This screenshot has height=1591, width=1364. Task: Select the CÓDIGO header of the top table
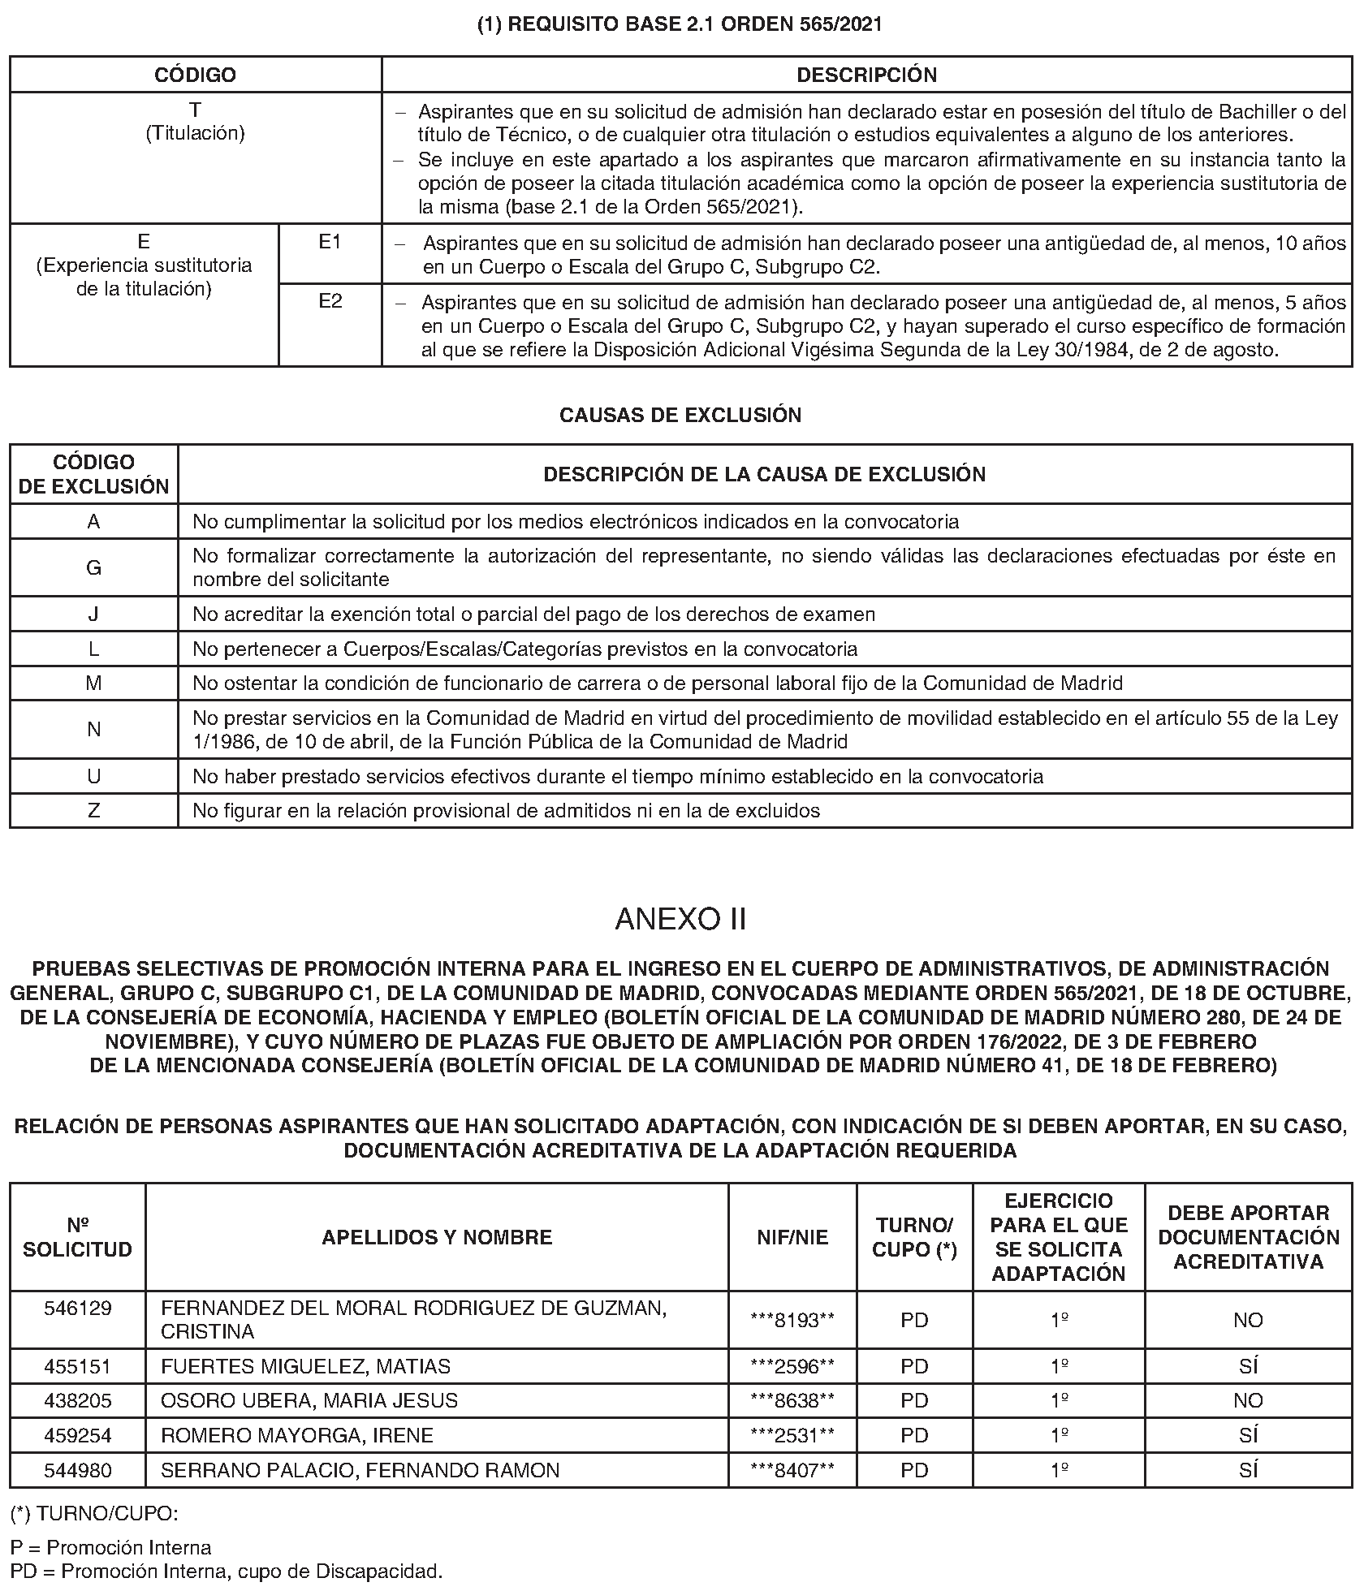click(195, 75)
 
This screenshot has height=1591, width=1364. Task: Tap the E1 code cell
click(330, 242)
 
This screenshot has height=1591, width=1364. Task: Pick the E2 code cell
click(330, 301)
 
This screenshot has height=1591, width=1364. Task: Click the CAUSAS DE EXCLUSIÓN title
click(680, 415)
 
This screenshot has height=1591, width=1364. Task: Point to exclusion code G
click(93, 567)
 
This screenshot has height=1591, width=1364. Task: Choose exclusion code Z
click(93, 810)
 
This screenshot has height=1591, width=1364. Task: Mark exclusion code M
click(93, 683)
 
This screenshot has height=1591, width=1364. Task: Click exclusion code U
click(93, 776)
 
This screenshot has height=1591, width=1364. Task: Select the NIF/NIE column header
click(792, 1236)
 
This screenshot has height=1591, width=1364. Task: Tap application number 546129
click(78, 1308)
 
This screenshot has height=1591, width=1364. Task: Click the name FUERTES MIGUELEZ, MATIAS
click(305, 1366)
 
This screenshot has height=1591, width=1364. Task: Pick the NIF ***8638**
click(792, 1400)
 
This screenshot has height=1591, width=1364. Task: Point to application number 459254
click(78, 1435)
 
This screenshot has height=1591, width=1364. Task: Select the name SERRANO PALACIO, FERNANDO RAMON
click(360, 1470)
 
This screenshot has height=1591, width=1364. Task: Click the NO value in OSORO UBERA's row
click(1248, 1400)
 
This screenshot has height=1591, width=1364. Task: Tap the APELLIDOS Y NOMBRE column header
click(437, 1236)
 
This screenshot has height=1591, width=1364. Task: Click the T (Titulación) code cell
click(195, 121)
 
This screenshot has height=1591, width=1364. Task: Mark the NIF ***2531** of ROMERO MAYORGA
click(792, 1435)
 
